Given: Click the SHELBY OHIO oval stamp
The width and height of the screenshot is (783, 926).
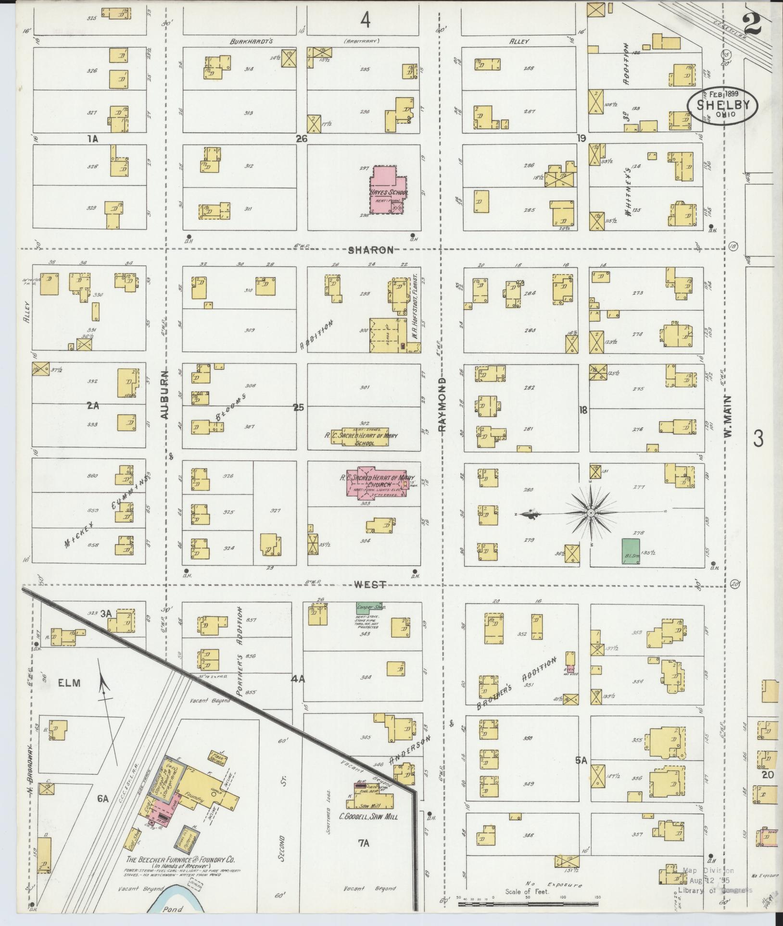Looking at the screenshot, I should coord(722,105).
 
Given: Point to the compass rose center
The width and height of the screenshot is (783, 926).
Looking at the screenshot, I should coord(590,513).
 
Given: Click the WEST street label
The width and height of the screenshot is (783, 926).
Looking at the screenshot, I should coord(370,585).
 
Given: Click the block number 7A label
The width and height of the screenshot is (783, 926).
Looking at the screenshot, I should coord(363,842).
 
